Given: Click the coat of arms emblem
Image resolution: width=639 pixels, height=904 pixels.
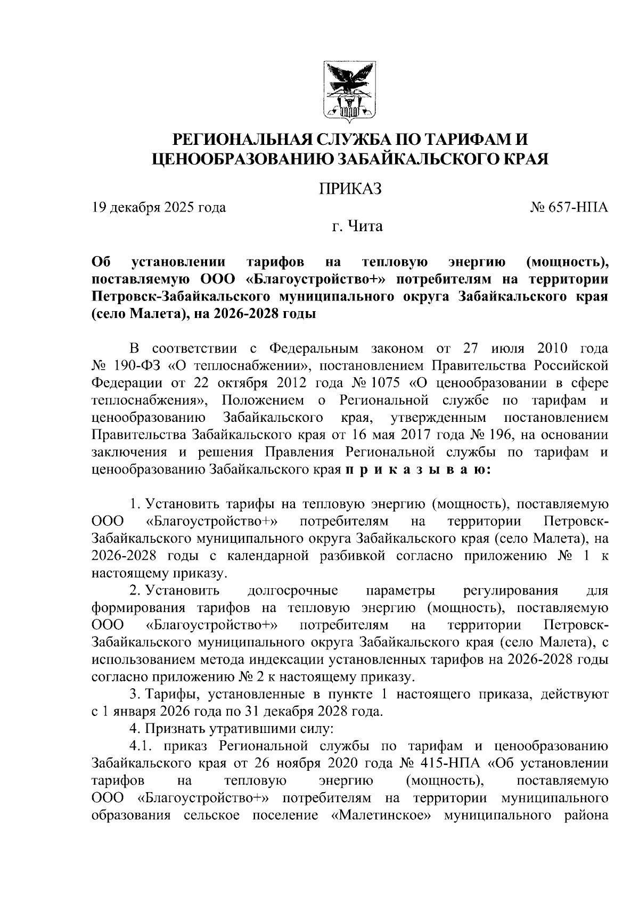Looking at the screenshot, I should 350,91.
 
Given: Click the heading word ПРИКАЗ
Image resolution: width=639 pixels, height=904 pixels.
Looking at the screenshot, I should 350,189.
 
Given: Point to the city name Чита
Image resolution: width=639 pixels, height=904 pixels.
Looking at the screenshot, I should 365,227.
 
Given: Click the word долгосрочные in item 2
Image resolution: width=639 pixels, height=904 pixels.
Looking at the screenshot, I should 292,591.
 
